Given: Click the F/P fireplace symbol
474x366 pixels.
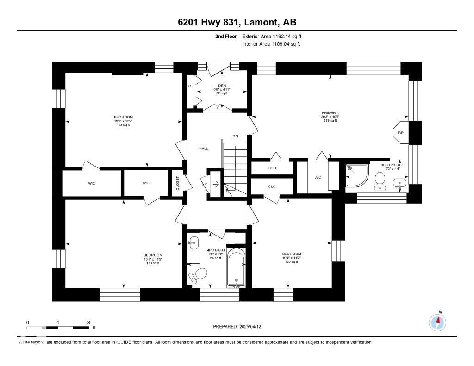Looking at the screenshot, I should [x=400, y=133].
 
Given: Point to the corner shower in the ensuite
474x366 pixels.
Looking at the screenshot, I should [x=357, y=176].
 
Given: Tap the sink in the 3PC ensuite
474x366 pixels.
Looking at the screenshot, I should [x=399, y=183].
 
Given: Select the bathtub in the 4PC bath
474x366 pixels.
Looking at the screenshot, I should [x=237, y=268].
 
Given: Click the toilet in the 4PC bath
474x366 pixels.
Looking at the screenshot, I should [x=198, y=275].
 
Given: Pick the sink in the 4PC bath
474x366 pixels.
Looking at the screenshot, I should [x=194, y=243].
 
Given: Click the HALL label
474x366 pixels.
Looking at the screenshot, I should [x=203, y=149].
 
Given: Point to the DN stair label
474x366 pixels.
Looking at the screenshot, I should [x=235, y=136].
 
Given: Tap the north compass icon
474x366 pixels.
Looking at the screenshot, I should [x=437, y=322].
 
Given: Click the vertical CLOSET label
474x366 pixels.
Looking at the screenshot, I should [x=177, y=183].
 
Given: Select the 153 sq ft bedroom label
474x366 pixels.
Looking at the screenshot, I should [x=124, y=120].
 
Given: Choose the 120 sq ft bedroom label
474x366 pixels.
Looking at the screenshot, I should [x=292, y=257].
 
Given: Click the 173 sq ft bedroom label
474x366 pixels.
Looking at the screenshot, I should [x=153, y=259].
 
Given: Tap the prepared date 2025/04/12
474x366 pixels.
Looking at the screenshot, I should [x=237, y=326].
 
